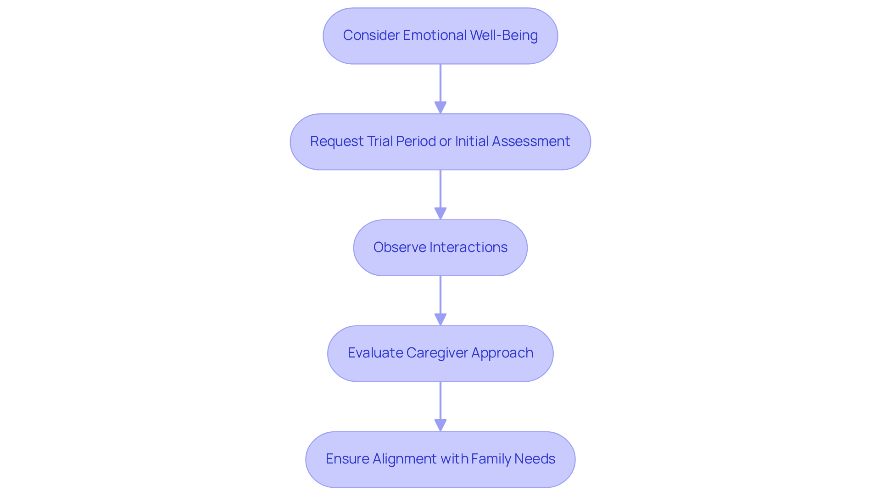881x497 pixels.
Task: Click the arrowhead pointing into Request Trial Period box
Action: point(440,107)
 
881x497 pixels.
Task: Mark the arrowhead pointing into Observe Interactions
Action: point(440,213)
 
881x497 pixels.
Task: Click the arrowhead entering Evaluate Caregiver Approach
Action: point(440,319)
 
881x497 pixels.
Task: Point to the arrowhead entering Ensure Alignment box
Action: point(440,425)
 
